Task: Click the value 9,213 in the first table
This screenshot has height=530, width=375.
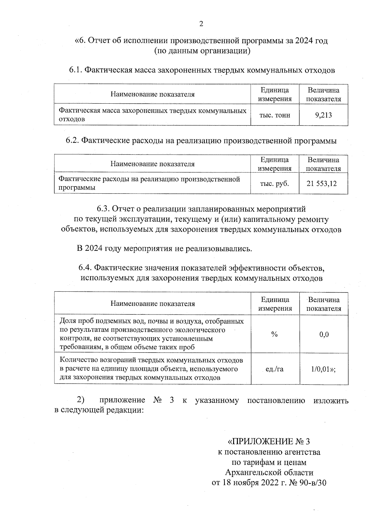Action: point(323,115)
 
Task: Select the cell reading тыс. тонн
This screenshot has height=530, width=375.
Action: point(275,115)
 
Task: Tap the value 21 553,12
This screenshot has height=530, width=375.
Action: point(322,184)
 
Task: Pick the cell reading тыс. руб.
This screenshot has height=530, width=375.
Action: point(275,184)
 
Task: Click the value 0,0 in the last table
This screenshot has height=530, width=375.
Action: point(324,334)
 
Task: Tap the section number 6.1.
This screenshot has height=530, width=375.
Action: point(75,70)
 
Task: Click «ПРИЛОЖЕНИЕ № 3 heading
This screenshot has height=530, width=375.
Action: point(269,442)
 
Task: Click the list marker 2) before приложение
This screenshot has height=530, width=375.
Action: point(81,400)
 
